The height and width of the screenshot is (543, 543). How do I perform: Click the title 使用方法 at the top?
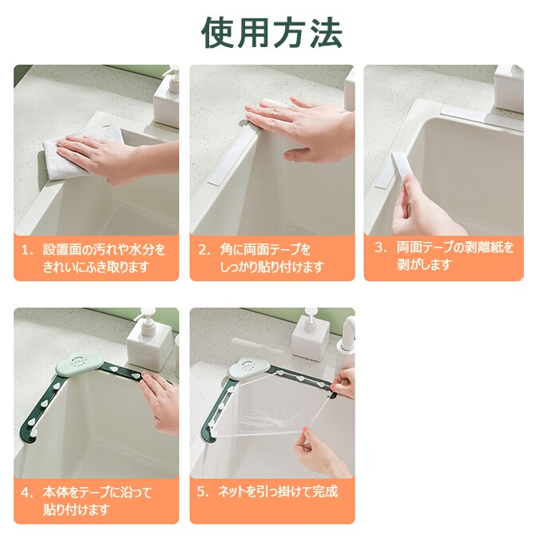[271, 32]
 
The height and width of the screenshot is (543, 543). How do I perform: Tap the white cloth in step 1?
[80, 153]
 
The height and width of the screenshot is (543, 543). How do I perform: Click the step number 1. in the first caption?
[27, 250]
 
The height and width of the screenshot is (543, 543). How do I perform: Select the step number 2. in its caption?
[204, 250]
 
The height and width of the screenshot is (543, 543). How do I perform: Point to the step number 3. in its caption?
[381, 248]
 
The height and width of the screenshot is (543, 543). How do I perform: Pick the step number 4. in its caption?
[27, 492]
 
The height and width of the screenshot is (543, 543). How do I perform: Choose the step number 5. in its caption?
[204, 491]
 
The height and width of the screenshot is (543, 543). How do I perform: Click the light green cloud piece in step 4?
[79, 364]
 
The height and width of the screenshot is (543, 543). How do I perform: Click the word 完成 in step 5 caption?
[325, 491]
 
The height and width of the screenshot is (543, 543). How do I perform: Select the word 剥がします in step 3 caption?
[424, 265]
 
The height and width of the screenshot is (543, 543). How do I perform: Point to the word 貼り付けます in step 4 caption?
[76, 509]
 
